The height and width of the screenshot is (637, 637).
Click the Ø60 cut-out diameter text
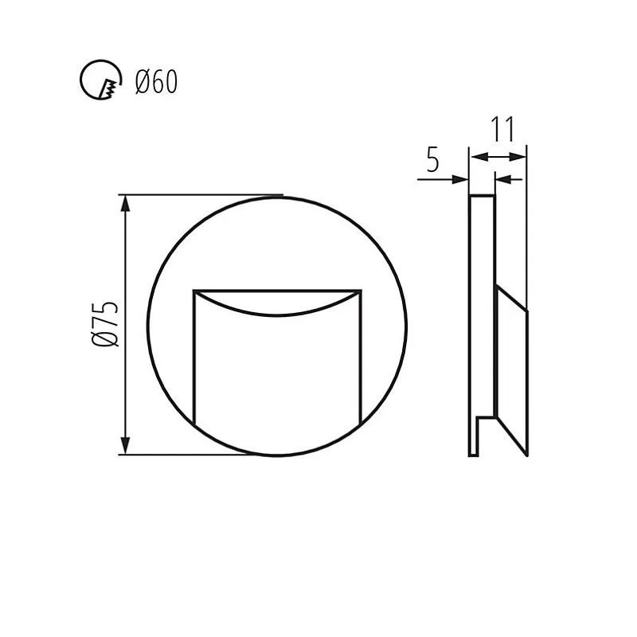[156, 81]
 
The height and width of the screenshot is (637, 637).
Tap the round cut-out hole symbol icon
[100, 81]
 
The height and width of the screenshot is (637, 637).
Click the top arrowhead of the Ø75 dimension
[125, 202]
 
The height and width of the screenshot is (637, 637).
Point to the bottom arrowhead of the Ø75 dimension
[125, 447]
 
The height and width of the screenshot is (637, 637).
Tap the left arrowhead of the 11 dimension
[476, 157]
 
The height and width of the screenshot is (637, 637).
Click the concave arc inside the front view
[277, 311]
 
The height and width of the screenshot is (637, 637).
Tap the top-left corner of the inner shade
[195, 291]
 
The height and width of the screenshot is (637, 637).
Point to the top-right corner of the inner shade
[361, 291]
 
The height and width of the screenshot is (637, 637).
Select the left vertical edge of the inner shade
[195, 358]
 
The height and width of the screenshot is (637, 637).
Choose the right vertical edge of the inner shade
[361, 358]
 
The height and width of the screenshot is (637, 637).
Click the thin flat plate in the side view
[482, 318]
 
